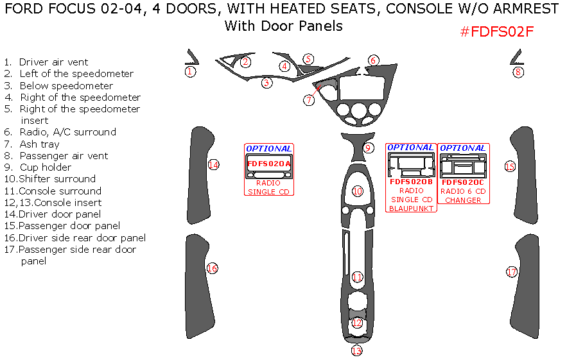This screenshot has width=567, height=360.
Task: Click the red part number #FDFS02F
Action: [x=498, y=32]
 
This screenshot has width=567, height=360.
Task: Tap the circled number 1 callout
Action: [x=190, y=72]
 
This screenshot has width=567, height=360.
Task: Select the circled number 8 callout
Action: [x=518, y=73]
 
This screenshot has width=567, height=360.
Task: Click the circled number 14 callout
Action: [x=213, y=165]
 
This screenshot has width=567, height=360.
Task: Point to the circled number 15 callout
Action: [x=510, y=166]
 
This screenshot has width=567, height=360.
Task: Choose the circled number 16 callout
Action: [x=212, y=268]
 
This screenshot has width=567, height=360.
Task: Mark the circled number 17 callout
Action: [x=511, y=272]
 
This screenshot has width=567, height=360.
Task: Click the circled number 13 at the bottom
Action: [x=356, y=350]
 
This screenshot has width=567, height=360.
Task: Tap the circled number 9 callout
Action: [x=368, y=148]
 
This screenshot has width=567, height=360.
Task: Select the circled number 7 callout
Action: [x=310, y=100]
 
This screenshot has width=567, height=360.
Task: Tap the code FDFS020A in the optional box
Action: [x=269, y=164]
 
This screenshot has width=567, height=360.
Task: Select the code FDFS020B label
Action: [x=411, y=182]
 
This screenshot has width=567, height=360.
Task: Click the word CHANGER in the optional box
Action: [x=463, y=200]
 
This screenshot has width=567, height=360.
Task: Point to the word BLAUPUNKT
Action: [x=411, y=208]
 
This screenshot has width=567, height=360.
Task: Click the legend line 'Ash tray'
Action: [x=39, y=144]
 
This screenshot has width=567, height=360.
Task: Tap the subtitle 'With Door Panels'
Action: [x=283, y=26]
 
